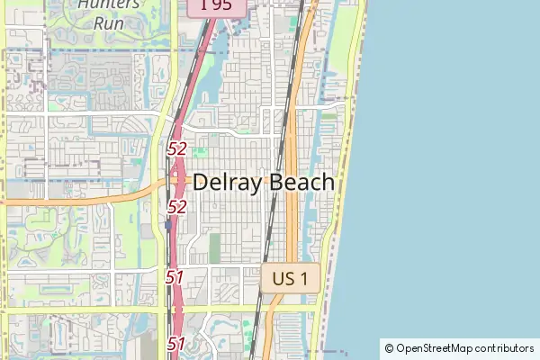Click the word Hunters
109,4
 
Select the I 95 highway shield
215,5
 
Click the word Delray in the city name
229,183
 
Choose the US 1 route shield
291,278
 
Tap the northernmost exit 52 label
176,149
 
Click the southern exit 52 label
176,207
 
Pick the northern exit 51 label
175,277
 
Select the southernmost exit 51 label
175,343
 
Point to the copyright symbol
389,348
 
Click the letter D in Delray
202,183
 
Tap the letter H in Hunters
83,4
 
